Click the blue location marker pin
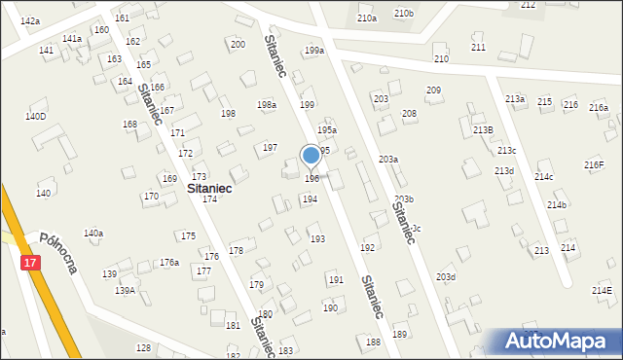(x=311, y=156)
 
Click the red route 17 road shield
(x=30, y=264)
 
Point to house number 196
(x=311, y=178)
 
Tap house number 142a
(x=30, y=21)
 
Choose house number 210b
(x=403, y=14)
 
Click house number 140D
(x=35, y=117)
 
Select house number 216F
(x=594, y=164)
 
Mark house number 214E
(x=602, y=291)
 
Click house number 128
(x=143, y=347)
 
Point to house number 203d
(x=446, y=277)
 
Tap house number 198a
(x=267, y=105)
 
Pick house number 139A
(x=126, y=291)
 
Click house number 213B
(x=483, y=129)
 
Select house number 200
(x=237, y=45)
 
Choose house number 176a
(x=169, y=263)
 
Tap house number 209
(x=433, y=90)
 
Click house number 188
(x=373, y=342)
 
